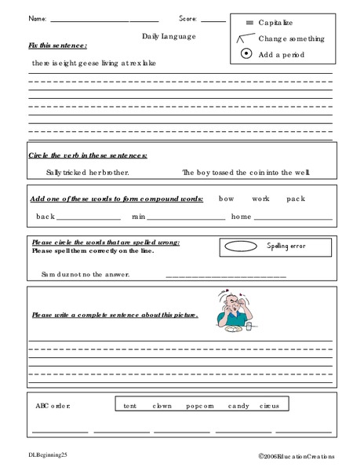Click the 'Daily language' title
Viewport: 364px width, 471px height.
pos(169,36)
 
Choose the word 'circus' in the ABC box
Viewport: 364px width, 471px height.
pos(272,406)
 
